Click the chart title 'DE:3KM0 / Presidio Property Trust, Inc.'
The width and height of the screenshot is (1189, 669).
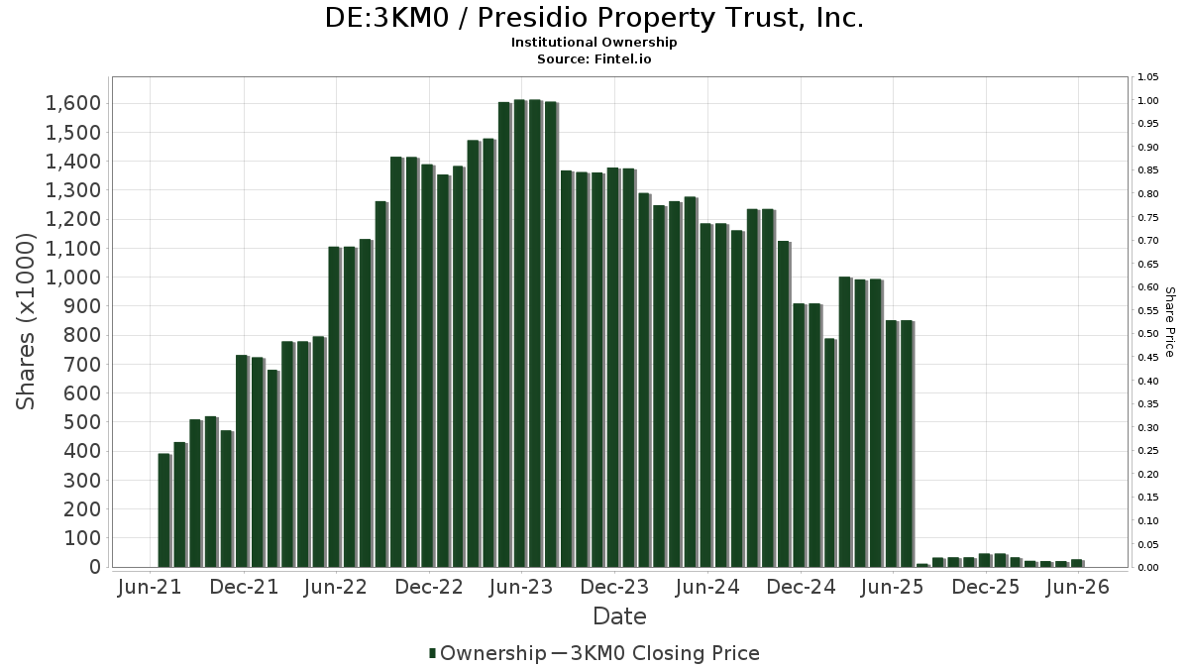(594, 18)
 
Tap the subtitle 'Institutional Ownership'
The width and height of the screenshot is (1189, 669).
(594, 43)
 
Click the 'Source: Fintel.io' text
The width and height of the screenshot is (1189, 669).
(594, 58)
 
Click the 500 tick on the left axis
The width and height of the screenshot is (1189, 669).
(82, 422)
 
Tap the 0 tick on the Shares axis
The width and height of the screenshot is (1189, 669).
(95, 567)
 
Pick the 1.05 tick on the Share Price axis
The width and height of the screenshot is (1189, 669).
(1147, 77)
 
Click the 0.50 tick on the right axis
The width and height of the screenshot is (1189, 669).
(1147, 334)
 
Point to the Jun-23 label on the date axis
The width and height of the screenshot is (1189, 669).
(521, 587)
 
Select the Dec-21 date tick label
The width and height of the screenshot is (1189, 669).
(244, 587)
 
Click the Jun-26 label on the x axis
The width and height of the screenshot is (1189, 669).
(1078, 587)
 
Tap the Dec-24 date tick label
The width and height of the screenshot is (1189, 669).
(801, 587)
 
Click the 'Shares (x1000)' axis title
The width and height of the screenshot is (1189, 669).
(26, 322)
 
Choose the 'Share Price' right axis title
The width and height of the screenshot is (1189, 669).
(1169, 322)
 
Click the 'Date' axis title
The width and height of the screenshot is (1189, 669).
(619, 616)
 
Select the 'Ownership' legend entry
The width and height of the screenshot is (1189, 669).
(487, 653)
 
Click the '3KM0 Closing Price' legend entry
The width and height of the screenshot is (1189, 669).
(656, 653)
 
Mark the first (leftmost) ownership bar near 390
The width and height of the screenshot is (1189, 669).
(164, 510)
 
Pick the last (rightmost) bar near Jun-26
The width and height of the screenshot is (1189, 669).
(1077, 563)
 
